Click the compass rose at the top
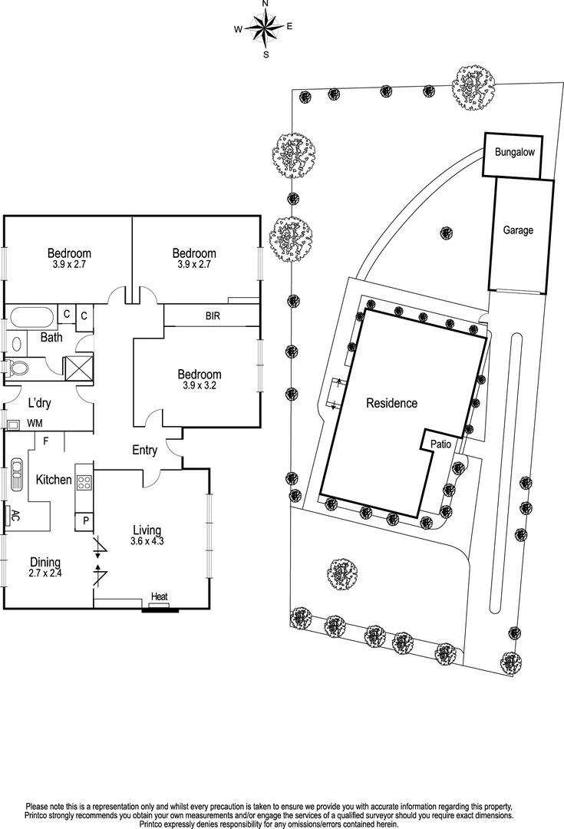(x=266, y=29)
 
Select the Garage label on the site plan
(x=518, y=230)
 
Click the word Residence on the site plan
(x=391, y=403)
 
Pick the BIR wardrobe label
(x=213, y=315)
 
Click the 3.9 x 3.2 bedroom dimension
(x=199, y=386)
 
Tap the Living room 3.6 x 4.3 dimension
(x=147, y=541)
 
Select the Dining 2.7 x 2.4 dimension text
(x=45, y=573)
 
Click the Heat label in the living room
(x=159, y=597)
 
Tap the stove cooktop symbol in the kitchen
(x=84, y=484)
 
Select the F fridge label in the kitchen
(x=46, y=441)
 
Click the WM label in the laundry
(x=35, y=423)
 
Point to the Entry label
(x=144, y=451)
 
